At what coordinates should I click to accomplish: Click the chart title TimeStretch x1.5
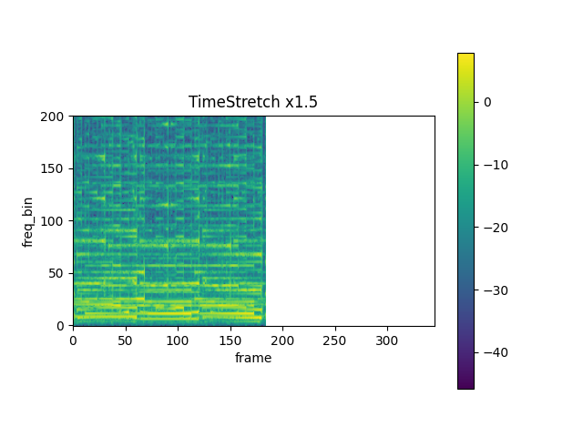coord(253,102)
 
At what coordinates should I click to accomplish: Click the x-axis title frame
coord(253,358)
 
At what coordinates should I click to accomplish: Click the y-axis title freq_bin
coord(28,221)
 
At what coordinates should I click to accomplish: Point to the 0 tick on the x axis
coord(73,339)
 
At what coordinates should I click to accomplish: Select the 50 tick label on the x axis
coord(126,339)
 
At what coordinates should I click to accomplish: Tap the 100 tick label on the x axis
coord(178,339)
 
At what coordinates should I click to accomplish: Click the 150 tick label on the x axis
coord(230,339)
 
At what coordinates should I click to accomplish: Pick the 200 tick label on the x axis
coord(282,339)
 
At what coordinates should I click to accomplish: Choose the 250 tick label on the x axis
coord(335,339)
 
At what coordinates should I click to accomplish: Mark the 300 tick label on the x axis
coord(387,339)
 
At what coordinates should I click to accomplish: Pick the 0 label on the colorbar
coord(487,102)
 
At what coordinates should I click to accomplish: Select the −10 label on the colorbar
coord(492,165)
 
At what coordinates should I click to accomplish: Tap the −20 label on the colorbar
coord(492,228)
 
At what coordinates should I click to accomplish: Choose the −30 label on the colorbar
coord(492,290)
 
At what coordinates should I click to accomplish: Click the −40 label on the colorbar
coord(492,352)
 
